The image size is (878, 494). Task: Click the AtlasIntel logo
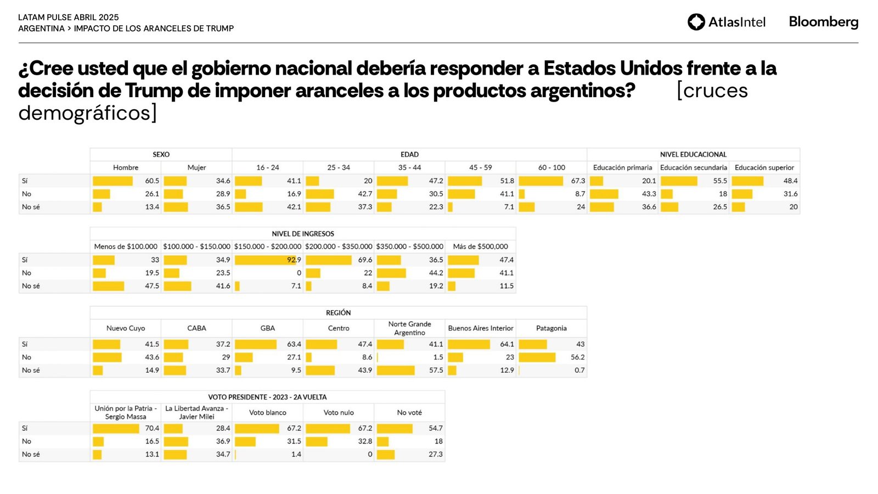726,22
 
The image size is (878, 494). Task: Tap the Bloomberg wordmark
823,22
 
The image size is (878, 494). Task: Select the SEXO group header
161,155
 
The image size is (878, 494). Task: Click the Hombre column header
126,167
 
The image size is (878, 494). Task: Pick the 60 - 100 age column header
551,167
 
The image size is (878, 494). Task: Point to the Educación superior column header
764,167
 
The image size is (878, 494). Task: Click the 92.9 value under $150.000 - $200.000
294,260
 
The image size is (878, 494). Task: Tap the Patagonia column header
551,328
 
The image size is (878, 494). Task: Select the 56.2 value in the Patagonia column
577,357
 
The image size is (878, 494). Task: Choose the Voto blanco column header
267,413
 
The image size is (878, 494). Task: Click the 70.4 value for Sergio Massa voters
152,428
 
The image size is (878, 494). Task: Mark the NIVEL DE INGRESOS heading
303,234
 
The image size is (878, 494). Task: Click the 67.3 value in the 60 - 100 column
578,181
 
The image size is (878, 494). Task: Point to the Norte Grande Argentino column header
409,328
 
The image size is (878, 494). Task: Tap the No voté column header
409,413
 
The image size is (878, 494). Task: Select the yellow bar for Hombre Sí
112,181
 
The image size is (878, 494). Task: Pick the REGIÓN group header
338,313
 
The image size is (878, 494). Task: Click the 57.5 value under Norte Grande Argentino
436,370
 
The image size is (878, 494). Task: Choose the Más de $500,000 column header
480,247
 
